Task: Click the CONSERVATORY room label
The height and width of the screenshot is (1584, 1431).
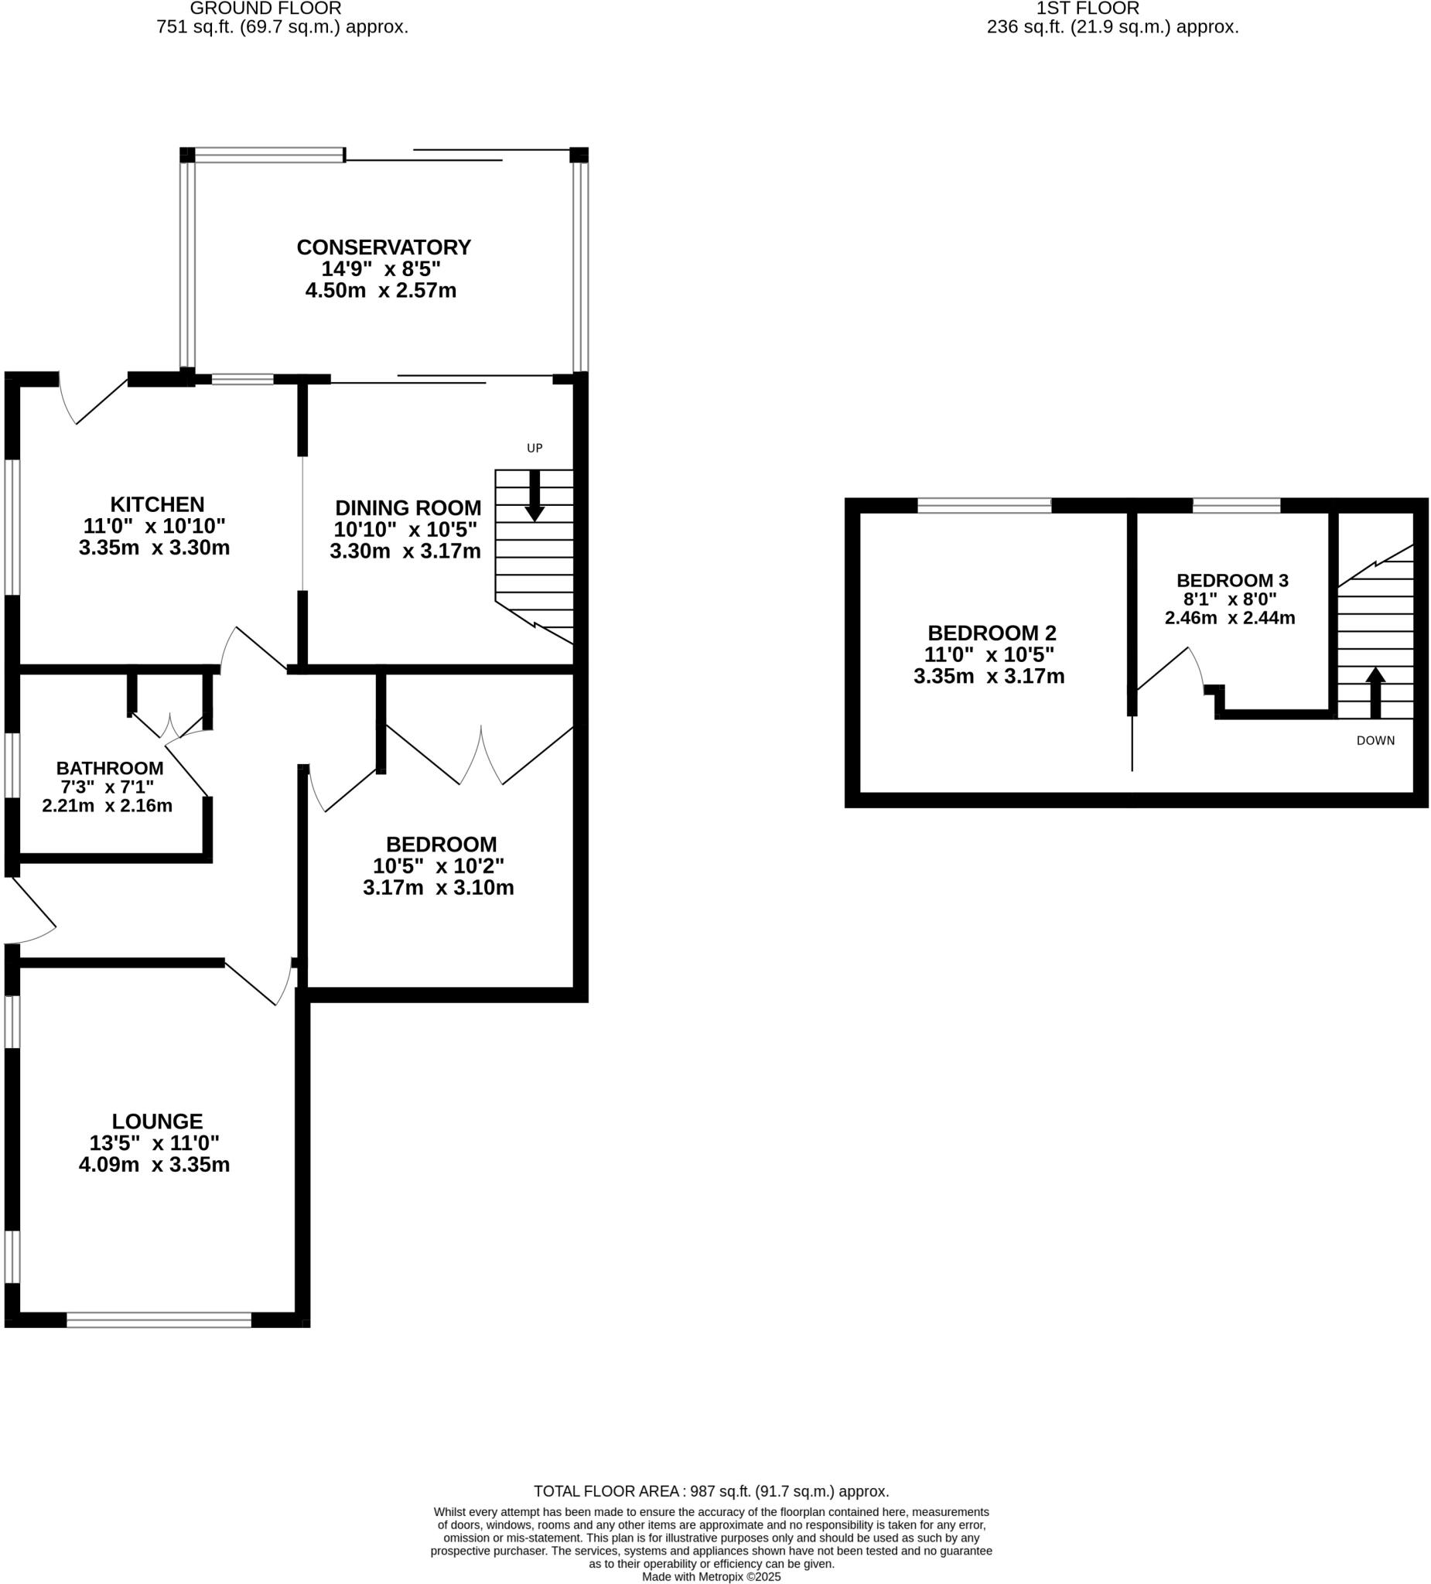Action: click(x=384, y=247)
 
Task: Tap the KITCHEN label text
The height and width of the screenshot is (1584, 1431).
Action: click(x=157, y=504)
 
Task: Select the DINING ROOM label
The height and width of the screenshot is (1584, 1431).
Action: click(x=408, y=507)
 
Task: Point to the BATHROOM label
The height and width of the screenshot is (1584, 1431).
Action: click(x=110, y=769)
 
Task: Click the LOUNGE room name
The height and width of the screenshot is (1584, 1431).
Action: click(x=157, y=1121)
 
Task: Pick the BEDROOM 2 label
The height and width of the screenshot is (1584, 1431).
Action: click(x=992, y=633)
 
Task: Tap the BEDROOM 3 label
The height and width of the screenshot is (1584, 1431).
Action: click(x=1232, y=581)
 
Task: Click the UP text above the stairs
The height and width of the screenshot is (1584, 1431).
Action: click(x=534, y=449)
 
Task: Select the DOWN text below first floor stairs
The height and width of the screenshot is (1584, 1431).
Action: click(x=1375, y=740)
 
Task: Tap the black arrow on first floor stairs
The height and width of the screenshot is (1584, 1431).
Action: click(x=1375, y=691)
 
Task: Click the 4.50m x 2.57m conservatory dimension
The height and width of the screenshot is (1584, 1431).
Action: click(x=381, y=291)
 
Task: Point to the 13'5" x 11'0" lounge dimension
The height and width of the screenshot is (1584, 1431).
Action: click(x=154, y=1142)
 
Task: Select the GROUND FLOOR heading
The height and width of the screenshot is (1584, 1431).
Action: click(x=265, y=9)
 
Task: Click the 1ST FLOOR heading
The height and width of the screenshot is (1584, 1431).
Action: click(x=1088, y=9)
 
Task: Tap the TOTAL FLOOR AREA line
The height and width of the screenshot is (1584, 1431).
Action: click(x=711, y=1491)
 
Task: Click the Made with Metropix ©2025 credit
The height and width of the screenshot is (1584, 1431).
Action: click(x=711, y=1576)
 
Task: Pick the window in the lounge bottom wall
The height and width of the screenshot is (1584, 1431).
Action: click(x=159, y=1320)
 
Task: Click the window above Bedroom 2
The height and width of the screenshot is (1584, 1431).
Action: click(x=984, y=505)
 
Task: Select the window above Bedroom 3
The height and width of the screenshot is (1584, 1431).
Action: click(x=1236, y=505)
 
